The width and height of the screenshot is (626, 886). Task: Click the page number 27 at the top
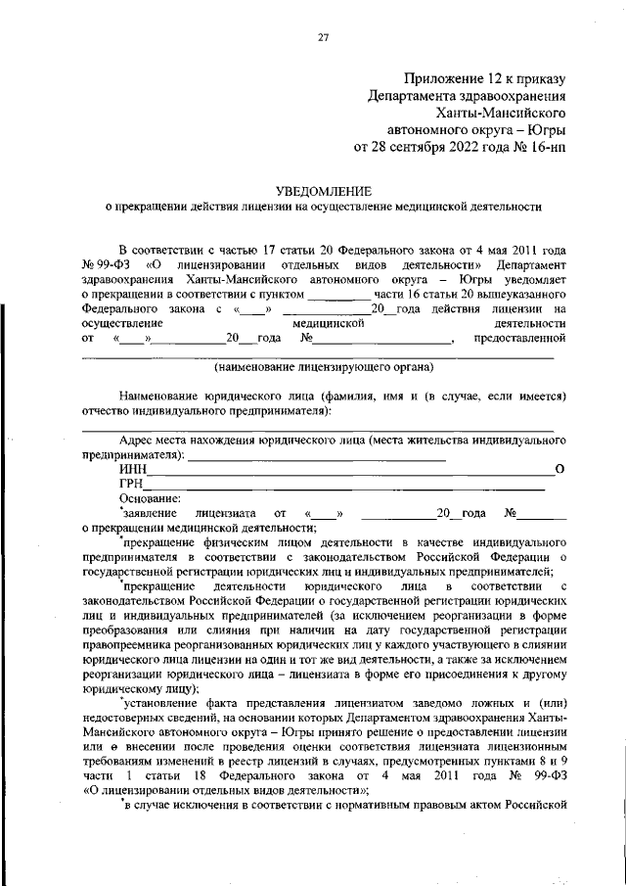(323, 37)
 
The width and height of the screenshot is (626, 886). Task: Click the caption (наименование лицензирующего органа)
(323, 367)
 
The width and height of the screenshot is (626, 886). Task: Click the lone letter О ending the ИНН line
(559, 470)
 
